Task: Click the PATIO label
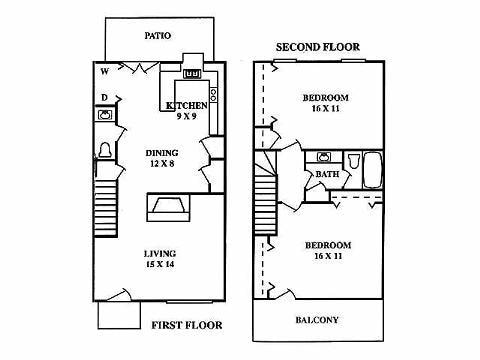coord(157,35)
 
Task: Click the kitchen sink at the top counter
coord(193,73)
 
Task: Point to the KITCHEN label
coord(187,105)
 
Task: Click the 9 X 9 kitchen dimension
coord(187,116)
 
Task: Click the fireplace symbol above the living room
coord(167,207)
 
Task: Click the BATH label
coord(327,174)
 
